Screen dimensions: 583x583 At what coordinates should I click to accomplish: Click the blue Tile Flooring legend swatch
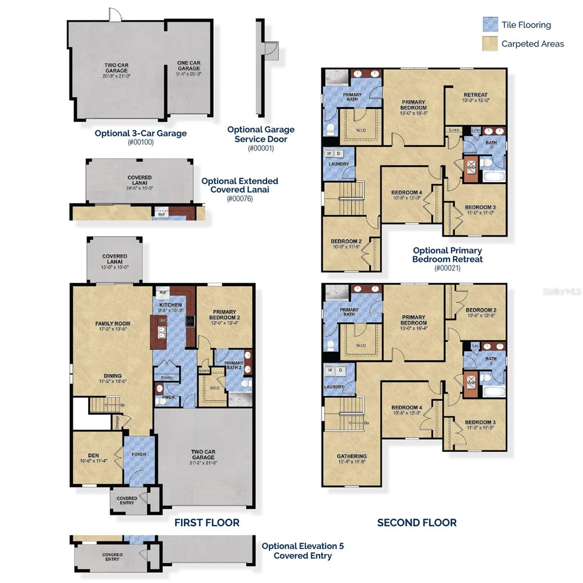click(490, 24)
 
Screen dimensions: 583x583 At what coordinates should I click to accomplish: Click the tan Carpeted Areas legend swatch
click(490, 44)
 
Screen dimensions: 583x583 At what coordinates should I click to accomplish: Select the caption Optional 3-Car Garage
click(140, 133)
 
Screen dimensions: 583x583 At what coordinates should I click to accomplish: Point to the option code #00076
click(240, 198)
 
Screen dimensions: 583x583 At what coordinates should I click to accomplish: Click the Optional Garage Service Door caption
click(261, 134)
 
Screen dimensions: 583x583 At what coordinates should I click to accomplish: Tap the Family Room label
click(113, 326)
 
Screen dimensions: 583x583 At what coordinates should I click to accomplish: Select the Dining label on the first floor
click(113, 378)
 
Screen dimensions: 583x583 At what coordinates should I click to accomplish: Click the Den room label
click(94, 458)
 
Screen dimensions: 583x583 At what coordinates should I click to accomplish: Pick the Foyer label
click(139, 454)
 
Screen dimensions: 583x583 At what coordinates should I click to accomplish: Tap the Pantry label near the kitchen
click(166, 377)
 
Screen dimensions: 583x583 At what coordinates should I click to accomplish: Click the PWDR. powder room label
click(169, 396)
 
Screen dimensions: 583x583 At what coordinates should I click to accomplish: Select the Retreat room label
click(476, 97)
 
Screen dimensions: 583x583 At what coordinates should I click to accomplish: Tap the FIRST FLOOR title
click(207, 523)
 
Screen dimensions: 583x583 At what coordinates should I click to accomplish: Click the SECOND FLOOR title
click(417, 523)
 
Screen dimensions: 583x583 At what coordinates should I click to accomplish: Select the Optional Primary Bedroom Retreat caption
click(447, 255)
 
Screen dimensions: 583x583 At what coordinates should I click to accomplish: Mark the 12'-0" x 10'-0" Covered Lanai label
click(115, 261)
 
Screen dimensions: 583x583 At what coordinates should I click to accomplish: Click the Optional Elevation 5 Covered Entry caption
click(303, 550)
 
